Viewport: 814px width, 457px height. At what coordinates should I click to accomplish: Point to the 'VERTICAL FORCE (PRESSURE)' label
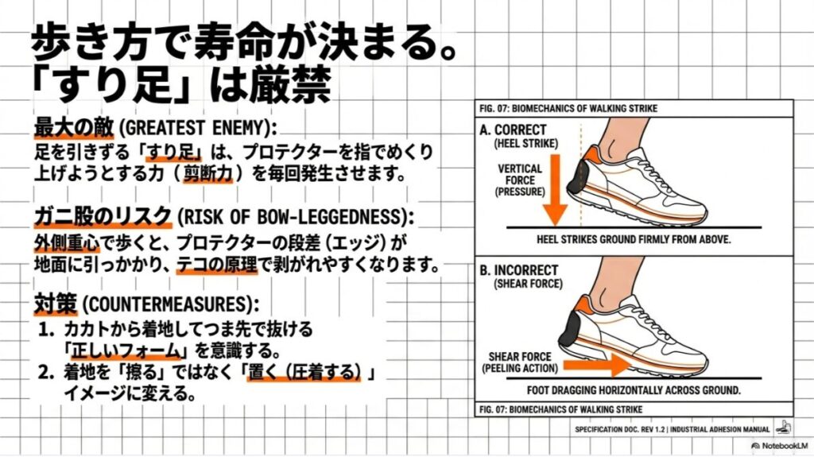(520, 180)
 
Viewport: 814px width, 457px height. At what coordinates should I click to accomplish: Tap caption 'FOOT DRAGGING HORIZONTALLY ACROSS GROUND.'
(634, 390)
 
